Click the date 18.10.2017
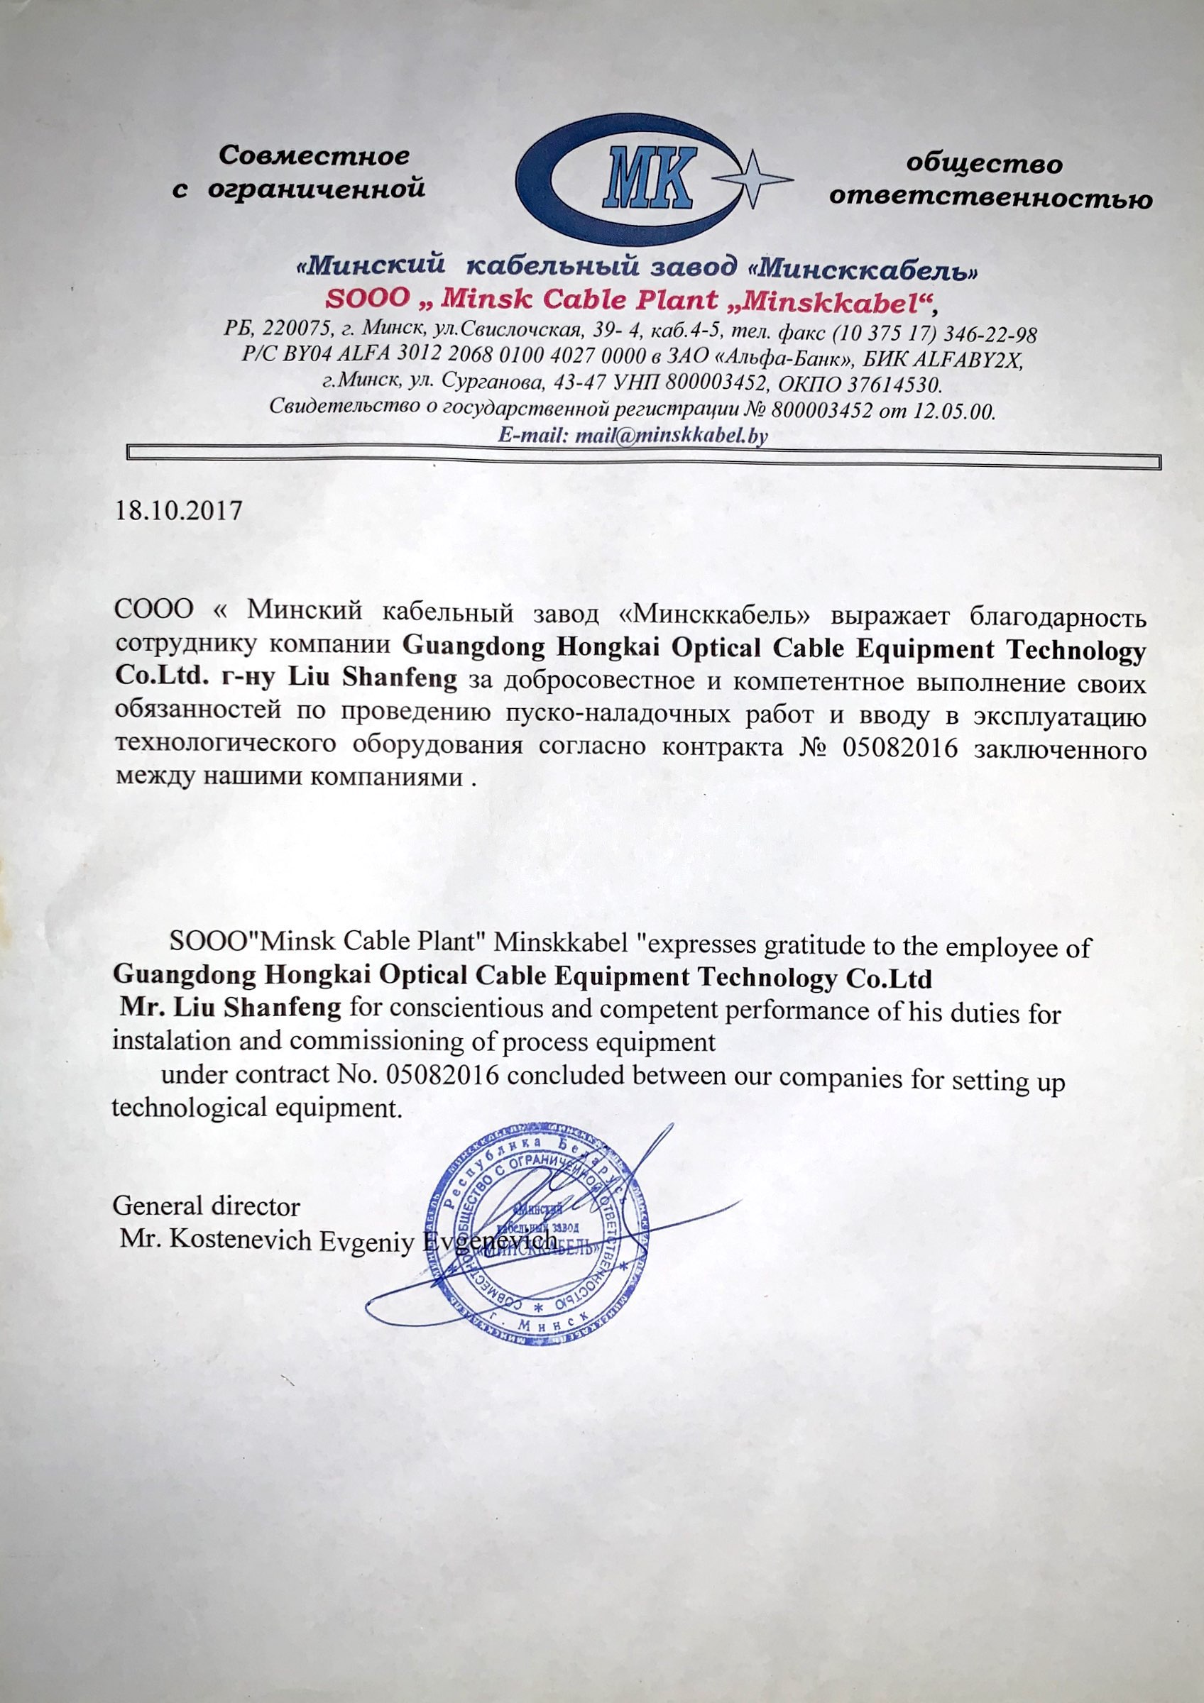[178, 511]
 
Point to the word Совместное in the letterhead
[314, 157]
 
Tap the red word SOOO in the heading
[368, 299]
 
